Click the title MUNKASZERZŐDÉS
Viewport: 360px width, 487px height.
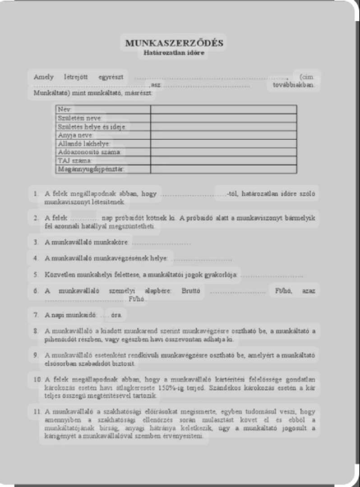[x=174, y=43]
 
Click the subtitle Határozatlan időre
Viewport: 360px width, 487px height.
[x=174, y=53]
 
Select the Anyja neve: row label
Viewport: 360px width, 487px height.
[x=75, y=135]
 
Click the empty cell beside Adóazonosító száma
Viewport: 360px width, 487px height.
[x=223, y=152]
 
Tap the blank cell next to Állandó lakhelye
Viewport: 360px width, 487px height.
[x=223, y=144]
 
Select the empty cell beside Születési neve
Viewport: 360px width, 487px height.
[x=223, y=118]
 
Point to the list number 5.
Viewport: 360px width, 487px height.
[x=36, y=275]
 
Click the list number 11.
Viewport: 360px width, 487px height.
[x=37, y=411]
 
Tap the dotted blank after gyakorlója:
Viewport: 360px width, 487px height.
[x=271, y=275]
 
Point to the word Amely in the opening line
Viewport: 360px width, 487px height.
[x=44, y=77]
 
